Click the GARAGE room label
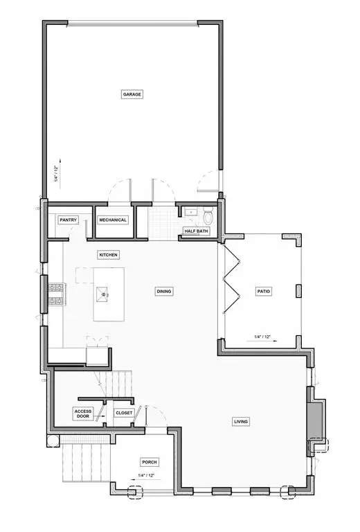click(132, 94)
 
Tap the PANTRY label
click(68, 220)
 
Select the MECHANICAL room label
click(113, 220)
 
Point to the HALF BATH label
click(197, 231)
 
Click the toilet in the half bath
click(208, 217)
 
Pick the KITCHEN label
click(109, 255)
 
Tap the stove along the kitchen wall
click(57, 294)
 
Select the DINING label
click(164, 291)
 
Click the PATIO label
click(264, 291)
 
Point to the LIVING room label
click(241, 422)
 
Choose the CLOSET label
click(124, 413)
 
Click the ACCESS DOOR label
click(83, 414)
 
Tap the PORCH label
click(150, 462)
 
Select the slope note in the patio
click(265, 338)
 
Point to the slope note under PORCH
click(146, 477)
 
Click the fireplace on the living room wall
click(316, 418)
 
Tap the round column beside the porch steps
click(53, 441)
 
